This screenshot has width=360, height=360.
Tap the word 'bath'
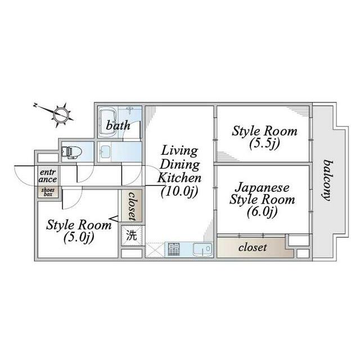click(118, 125)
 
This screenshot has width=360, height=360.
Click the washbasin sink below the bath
click(105, 151)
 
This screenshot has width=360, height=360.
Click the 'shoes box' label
click(47, 192)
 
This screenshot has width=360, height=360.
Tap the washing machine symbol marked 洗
click(130, 235)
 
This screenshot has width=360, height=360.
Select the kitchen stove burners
click(173, 248)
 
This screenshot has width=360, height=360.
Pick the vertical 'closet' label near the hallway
click(132, 206)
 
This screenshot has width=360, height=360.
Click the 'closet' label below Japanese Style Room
click(252, 247)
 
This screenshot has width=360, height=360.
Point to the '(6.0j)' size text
click(262, 211)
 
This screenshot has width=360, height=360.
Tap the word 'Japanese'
click(262, 187)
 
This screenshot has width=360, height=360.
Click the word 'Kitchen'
click(178, 177)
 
